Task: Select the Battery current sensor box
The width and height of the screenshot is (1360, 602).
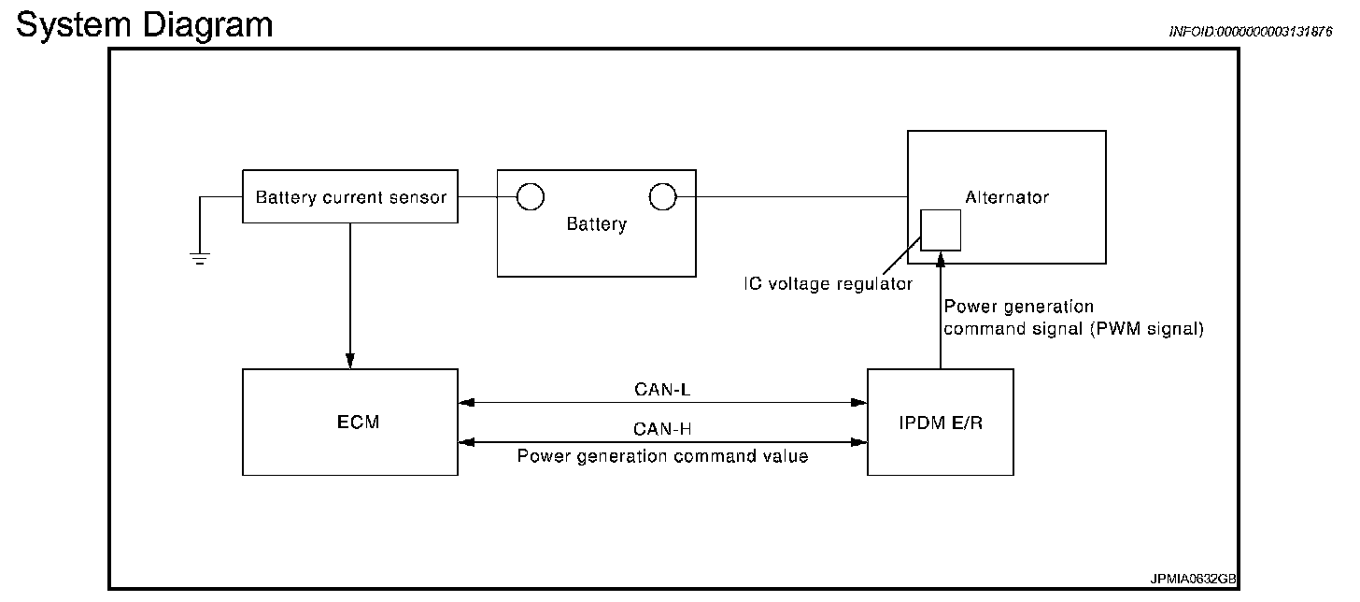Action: (x=350, y=197)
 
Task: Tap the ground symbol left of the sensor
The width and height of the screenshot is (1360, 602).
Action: (x=199, y=257)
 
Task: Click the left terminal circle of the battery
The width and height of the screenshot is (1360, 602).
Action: (x=531, y=196)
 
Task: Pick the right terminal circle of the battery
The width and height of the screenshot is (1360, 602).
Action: (x=662, y=196)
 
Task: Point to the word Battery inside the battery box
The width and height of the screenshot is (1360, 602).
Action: (x=596, y=224)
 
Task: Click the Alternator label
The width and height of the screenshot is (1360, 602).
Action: (x=1006, y=197)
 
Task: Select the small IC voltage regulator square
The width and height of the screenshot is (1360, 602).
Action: (x=941, y=229)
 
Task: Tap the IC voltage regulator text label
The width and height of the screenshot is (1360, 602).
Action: (x=828, y=284)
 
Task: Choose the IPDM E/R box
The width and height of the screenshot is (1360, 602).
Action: (x=940, y=422)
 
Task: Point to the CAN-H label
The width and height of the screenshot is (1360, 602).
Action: (x=662, y=429)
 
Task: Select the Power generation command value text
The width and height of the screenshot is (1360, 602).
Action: (x=662, y=457)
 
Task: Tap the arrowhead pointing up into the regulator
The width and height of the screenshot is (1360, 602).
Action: (x=941, y=257)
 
